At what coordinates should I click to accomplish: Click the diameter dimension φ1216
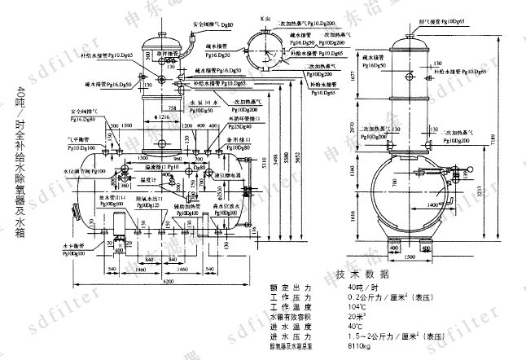[163, 116]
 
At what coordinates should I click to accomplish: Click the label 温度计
[147, 180]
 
